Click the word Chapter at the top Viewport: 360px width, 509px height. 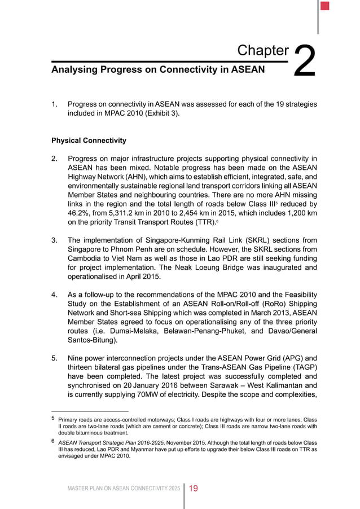(x=263, y=50)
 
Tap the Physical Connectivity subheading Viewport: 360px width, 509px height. (x=89, y=140)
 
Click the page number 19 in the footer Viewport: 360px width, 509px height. (x=193, y=488)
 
